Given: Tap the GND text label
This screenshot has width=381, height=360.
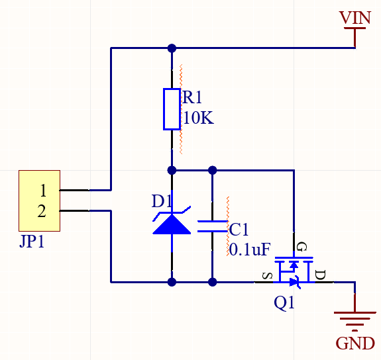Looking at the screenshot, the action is (355, 343).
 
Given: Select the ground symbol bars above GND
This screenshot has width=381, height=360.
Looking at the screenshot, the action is (355, 322).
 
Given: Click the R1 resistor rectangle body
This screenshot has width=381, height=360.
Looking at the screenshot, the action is (172, 109).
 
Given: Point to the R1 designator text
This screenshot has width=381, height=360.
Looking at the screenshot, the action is (192, 97).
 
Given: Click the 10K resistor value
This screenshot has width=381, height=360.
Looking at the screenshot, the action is (199, 118).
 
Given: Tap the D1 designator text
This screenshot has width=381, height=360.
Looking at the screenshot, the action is (162, 201).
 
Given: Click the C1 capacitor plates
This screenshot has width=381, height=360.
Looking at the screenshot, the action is (213, 226).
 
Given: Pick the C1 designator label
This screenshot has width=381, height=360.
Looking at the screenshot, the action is (239, 230).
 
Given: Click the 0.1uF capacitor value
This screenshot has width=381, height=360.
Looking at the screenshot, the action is (250, 249).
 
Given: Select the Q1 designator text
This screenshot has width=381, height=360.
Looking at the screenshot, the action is (284, 302).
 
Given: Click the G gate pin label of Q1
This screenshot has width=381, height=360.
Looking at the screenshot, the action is (302, 247).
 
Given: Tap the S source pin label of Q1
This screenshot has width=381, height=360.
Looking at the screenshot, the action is (268, 276).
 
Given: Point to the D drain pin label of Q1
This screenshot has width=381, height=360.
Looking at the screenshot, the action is (320, 275).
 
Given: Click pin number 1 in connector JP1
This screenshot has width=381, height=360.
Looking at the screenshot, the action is (43, 191).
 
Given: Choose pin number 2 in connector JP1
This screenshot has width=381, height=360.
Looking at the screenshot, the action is (42, 211).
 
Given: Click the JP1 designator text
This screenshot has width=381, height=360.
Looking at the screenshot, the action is (32, 242).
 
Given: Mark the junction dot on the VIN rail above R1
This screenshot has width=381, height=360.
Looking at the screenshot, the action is (172, 48).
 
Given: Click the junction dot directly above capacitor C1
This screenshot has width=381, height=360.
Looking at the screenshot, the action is (213, 171).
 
